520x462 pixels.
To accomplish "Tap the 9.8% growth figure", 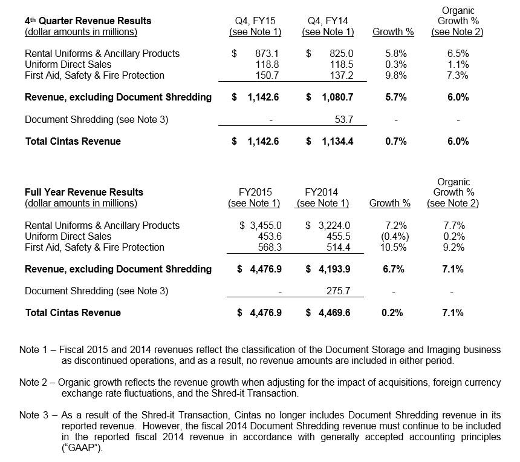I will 396,75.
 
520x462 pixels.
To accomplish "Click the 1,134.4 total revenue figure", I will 335,141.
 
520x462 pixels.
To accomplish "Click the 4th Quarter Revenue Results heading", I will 88,21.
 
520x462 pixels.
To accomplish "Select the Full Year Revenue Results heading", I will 84,193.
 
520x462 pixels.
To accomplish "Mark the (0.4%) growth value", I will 394,236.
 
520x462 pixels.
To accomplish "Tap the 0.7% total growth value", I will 396,141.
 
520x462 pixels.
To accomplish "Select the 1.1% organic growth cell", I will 458,64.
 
